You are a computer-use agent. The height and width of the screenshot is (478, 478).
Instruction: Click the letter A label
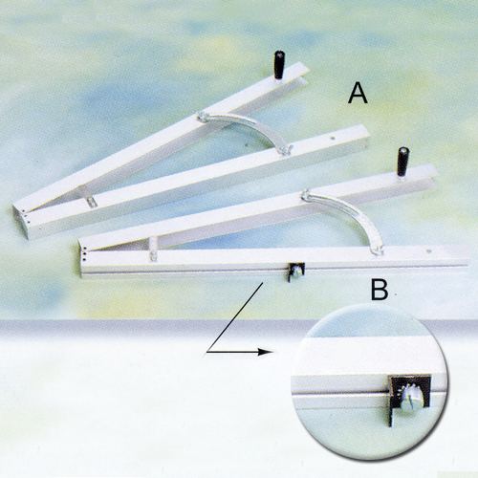[358, 93]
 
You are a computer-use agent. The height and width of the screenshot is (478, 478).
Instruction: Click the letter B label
[380, 290]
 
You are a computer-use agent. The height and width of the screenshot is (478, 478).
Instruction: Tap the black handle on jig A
[279, 65]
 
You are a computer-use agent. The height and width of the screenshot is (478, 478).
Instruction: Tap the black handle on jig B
[402, 162]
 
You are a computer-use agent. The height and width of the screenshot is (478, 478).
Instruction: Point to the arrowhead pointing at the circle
[265, 352]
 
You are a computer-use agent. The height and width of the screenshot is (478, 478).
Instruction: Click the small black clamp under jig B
[296, 272]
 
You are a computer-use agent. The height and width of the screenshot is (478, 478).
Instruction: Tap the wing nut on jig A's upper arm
[203, 117]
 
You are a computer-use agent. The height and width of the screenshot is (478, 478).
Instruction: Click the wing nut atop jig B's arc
[306, 195]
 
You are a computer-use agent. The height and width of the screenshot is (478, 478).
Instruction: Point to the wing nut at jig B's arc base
[378, 250]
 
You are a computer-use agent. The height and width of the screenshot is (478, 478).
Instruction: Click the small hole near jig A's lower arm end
[333, 139]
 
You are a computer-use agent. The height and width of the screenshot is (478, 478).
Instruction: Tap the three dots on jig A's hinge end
[27, 215]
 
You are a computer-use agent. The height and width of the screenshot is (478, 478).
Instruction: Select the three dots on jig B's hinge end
[84, 253]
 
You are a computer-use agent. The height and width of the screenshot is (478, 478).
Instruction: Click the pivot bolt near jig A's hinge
[92, 202]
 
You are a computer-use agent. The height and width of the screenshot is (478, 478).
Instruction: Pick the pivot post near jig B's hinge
[153, 249]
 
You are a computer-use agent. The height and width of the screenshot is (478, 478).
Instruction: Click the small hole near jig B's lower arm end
[429, 251]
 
